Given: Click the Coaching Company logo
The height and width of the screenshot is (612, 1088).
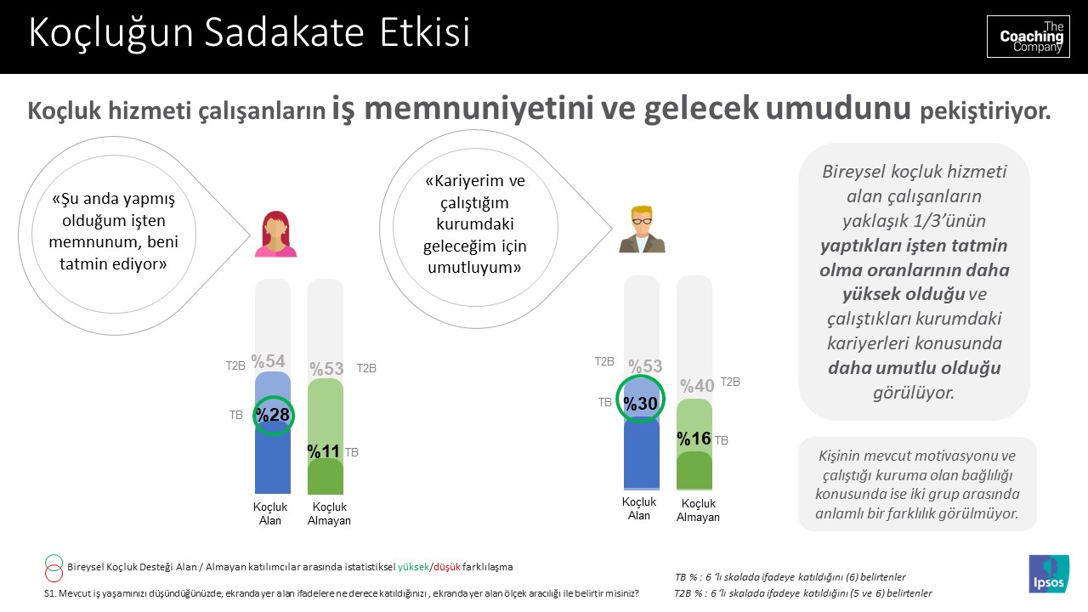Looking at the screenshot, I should [x=1028, y=37].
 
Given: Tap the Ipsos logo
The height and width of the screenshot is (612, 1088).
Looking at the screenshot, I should [x=1048, y=574].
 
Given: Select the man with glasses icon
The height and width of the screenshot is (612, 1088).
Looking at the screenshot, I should [x=642, y=229].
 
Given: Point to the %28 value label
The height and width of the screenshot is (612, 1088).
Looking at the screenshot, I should [x=274, y=415].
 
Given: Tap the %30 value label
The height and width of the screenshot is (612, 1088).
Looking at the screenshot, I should [x=641, y=404].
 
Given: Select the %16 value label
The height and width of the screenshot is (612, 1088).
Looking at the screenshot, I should [x=694, y=439].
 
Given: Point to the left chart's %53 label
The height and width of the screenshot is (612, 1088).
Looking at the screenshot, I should [x=326, y=369].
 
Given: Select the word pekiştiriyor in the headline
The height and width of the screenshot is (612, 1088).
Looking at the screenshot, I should [x=986, y=111].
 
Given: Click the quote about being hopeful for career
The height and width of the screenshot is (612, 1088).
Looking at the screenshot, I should [x=475, y=224].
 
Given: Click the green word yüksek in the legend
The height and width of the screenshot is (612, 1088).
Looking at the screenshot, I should [x=414, y=566].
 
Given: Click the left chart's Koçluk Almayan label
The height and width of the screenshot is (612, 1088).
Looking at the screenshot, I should [x=329, y=514].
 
